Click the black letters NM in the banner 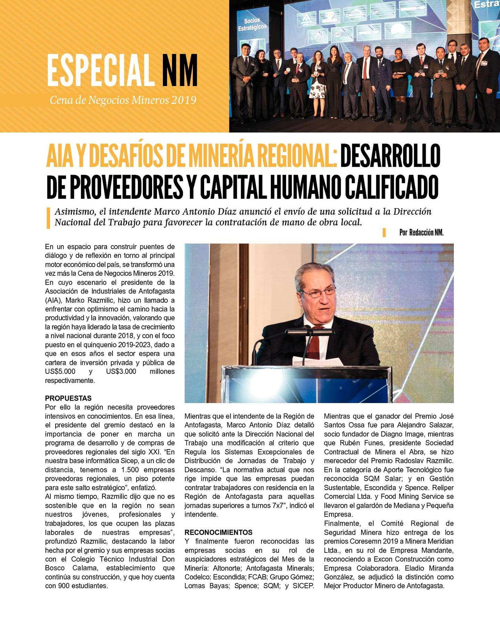[180, 70]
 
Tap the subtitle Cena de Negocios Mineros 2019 [123, 100]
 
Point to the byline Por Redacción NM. [421, 233]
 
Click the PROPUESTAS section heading [68, 398]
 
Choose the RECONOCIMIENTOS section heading [218, 532]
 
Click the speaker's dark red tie [314, 347]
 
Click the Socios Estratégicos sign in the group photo [252, 24]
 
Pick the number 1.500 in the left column [130, 470]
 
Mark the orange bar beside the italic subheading [48, 217]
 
